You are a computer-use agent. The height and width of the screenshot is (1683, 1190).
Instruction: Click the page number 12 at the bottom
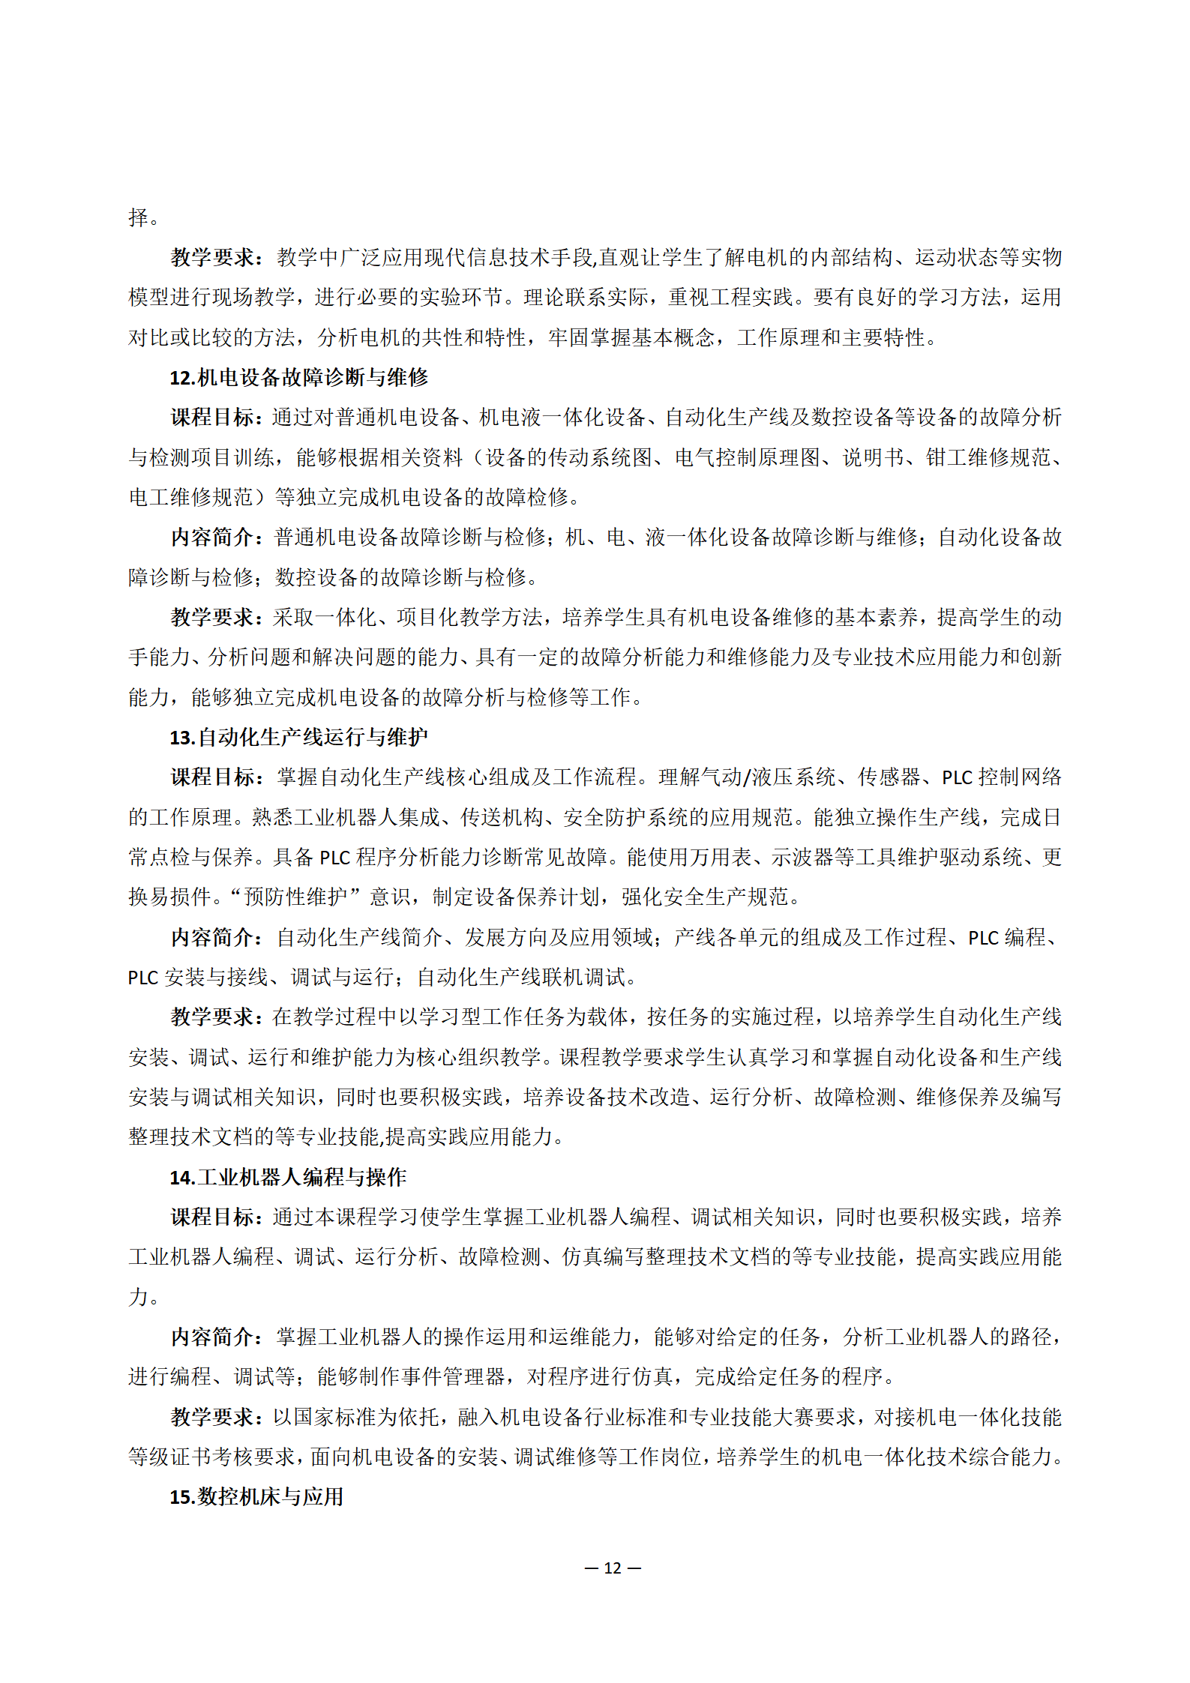coord(612,1568)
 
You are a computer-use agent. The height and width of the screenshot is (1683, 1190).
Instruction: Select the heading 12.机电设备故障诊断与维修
coord(298,377)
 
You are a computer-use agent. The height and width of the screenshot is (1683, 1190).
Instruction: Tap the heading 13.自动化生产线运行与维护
coord(298,737)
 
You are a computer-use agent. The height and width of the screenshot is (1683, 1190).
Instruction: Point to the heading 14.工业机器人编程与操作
coord(288,1177)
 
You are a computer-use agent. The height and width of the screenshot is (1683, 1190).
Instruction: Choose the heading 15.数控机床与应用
coord(256,1496)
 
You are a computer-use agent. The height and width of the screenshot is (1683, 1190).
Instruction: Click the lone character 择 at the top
coord(139,217)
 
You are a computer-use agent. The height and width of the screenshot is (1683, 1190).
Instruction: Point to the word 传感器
coord(889,777)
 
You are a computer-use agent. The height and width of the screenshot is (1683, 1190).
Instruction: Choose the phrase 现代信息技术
coord(487,257)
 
